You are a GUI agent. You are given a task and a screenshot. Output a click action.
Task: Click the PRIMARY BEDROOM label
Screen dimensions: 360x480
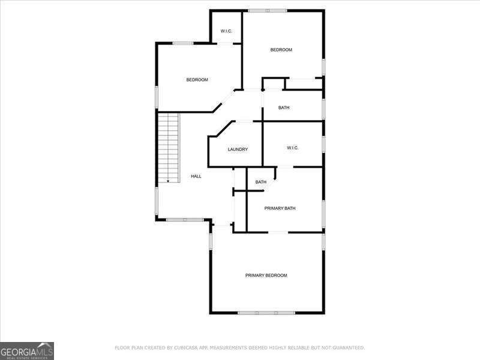[266, 275]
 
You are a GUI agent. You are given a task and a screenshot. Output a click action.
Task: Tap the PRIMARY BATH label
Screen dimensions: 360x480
[280, 208]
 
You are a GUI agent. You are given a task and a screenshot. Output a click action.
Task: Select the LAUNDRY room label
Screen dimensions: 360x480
[238, 149]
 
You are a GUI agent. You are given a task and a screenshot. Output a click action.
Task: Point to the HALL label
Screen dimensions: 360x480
[196, 176]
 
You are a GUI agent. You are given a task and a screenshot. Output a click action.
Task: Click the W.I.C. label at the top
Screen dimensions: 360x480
[226, 31]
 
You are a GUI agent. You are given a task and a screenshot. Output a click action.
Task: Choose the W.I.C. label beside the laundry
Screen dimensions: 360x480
[293, 148]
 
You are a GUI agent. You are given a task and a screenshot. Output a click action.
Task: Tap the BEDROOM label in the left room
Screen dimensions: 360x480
[197, 80]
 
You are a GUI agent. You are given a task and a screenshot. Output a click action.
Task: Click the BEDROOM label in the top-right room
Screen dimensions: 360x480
[281, 50]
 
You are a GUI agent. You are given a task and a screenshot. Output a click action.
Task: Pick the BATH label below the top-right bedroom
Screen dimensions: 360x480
[284, 108]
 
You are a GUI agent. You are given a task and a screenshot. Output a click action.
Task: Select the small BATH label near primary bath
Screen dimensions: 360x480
[261, 182]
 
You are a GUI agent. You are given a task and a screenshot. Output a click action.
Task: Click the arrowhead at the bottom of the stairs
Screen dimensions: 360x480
[169, 181]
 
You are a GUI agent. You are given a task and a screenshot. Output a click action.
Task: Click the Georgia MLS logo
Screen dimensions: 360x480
[27, 351]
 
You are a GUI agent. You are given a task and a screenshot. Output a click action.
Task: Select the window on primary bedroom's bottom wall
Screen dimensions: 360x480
[266, 313]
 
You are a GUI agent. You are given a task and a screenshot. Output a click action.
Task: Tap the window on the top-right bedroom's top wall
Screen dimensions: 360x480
[268, 10]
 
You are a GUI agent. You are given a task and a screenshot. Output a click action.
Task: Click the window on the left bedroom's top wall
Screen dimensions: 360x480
[183, 43]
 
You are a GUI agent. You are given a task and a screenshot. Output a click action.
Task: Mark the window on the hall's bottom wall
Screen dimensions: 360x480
[185, 220]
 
